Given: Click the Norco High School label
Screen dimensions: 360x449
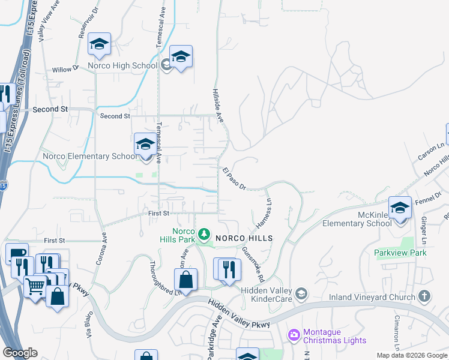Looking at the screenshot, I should pos(122,65).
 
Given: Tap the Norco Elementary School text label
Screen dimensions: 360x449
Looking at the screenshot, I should pos(90,157).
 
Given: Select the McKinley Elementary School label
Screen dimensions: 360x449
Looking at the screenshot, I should pos(357,219).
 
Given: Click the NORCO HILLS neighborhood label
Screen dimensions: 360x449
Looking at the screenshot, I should pos(244,238).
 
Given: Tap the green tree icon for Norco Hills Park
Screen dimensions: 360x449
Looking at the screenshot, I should pos(204,233).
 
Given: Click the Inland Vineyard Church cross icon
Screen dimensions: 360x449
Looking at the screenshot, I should pos(424,296).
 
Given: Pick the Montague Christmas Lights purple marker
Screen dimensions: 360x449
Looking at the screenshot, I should pos(294,334).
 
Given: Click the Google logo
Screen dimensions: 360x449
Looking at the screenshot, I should pos(20,353).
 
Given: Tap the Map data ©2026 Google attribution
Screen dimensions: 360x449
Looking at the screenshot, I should pos(411,355).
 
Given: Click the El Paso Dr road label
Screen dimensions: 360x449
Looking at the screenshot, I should pos(234,179).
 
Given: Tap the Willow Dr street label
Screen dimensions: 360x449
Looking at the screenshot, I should pos(65,70).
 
